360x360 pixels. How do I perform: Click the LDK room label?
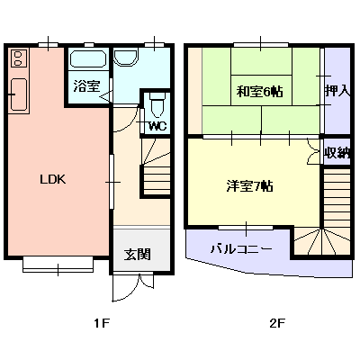[x=52, y=178]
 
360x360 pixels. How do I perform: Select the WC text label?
[x=157, y=126]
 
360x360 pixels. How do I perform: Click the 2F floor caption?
[x=275, y=321]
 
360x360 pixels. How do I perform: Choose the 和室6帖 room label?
[x=261, y=91]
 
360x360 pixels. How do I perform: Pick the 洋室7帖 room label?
[x=249, y=186]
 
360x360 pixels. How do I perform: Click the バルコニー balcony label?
[x=241, y=247]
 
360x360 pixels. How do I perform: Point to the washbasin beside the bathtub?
[x=126, y=58]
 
